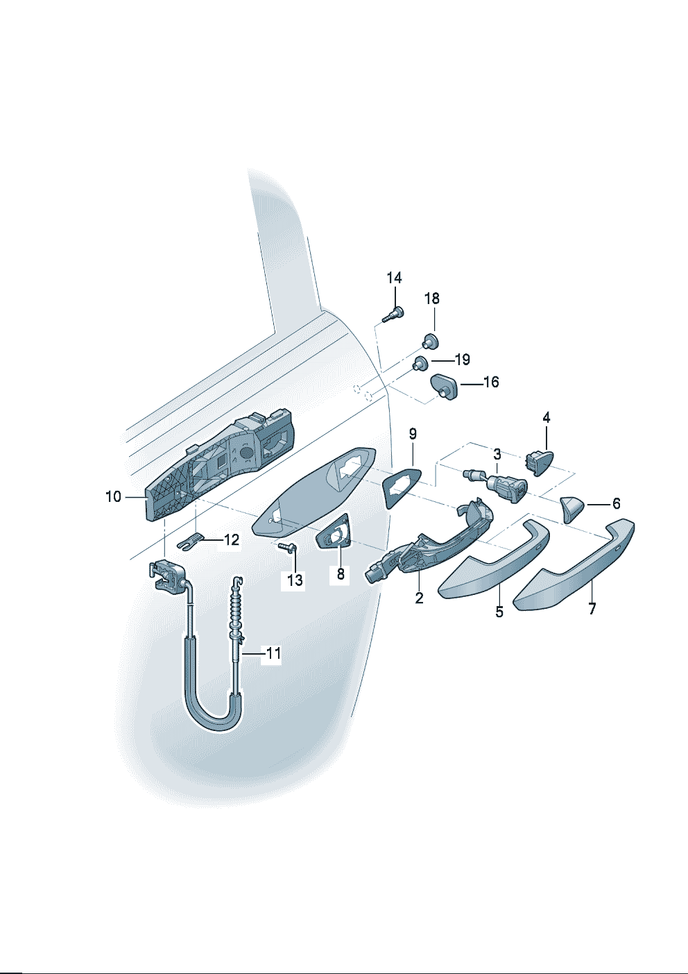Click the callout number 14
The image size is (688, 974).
click(x=395, y=278)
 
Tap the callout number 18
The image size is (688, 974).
click(x=432, y=299)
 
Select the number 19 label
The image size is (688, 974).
click(x=462, y=360)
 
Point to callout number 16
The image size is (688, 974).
click(x=491, y=383)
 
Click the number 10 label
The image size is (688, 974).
click(x=113, y=496)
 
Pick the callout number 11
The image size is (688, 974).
click(x=274, y=653)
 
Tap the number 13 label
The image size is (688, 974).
click(x=295, y=580)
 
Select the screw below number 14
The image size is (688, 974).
click(x=393, y=314)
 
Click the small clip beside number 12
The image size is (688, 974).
click(x=190, y=541)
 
